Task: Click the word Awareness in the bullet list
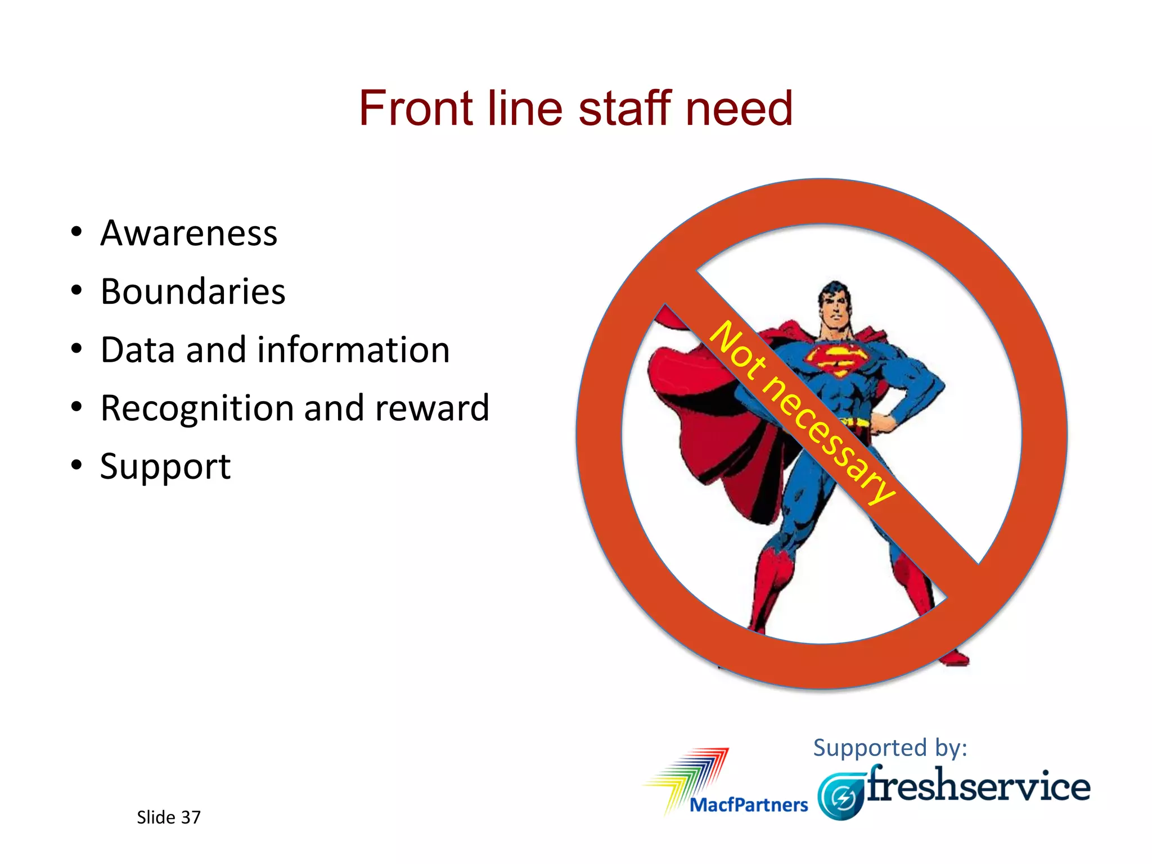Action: (x=189, y=233)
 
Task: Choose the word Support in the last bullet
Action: (x=165, y=467)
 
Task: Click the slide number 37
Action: (x=191, y=817)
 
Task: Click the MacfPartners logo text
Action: (x=748, y=805)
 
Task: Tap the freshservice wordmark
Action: (x=979, y=786)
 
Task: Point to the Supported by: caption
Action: (x=890, y=748)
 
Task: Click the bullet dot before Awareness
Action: (x=76, y=232)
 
